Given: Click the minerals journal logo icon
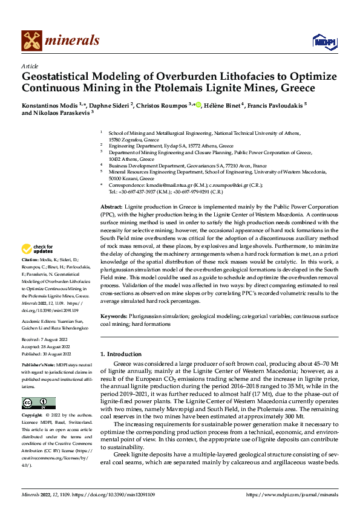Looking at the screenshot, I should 31,41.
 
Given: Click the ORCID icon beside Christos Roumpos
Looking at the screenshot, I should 197,105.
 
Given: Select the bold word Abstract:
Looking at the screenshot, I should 112,207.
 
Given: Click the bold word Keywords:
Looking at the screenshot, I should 113,316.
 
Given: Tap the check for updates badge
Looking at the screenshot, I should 38,249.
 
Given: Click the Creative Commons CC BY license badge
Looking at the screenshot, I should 38,404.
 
